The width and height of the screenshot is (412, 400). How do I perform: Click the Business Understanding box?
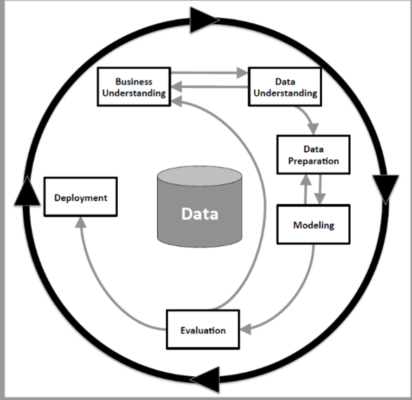point(134,87)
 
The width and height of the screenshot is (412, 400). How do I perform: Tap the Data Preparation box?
point(313,155)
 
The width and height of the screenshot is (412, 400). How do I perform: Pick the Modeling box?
point(313,225)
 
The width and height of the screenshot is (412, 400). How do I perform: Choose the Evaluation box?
point(203,330)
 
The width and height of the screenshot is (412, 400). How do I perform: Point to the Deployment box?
point(80,197)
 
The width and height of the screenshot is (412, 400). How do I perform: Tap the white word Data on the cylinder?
point(200,214)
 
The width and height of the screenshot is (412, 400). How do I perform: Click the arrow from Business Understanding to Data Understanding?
point(209,72)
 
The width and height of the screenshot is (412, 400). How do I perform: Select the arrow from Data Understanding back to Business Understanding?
point(209,86)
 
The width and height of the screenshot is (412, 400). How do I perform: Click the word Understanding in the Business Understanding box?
point(134,92)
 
